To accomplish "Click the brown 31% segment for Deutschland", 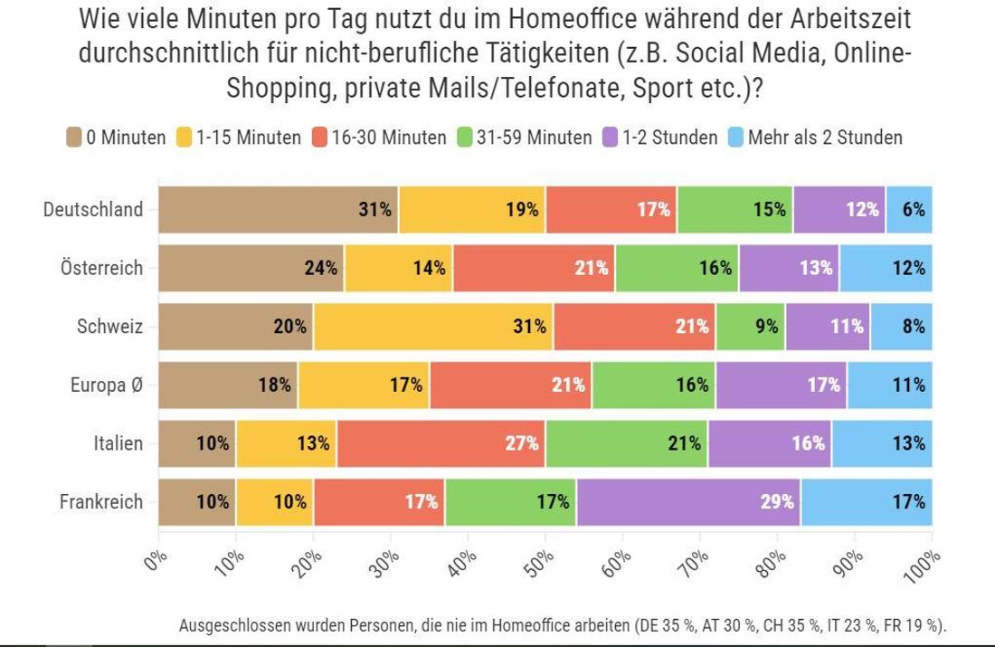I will pyautogui.click(x=279, y=210).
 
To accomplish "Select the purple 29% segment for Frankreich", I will pyautogui.click(x=687, y=502).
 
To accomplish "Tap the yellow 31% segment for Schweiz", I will pyautogui.click(x=433, y=327).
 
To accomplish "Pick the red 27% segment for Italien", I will pyautogui.click(x=441, y=443).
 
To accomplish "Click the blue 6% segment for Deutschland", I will pyautogui.click(x=909, y=210).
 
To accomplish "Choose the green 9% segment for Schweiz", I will pyautogui.click(x=751, y=327).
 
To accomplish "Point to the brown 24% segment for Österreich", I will pyautogui.click(x=251, y=268).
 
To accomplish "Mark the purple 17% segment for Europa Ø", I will pyautogui.click(x=782, y=385).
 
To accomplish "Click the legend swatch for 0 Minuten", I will pyautogui.click(x=74, y=138).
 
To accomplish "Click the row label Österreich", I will pyautogui.click(x=101, y=268).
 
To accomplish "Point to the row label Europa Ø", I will pyautogui.click(x=107, y=385).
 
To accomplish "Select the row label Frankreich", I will pyautogui.click(x=101, y=502).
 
